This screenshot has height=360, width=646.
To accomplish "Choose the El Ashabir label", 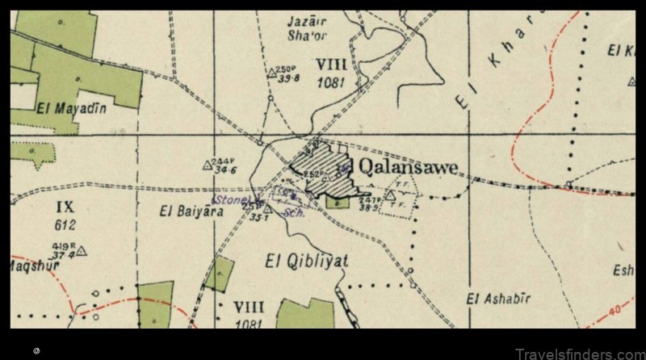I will coord(498,299).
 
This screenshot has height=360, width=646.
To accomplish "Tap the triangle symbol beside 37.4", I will coord(81,251).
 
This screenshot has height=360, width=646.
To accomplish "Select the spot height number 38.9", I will coord(369,207).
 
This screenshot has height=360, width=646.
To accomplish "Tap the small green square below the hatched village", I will coord(340,203).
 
